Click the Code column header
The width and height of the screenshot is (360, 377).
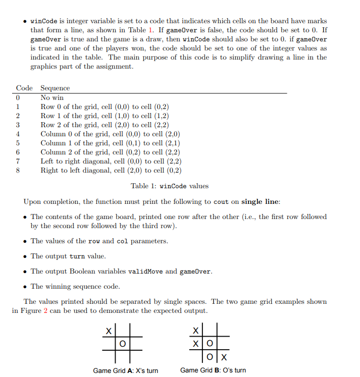point(24,88)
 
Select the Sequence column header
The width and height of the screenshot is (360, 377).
point(55,88)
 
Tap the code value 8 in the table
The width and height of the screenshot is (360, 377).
point(18,170)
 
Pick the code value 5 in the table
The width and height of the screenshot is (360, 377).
point(18,143)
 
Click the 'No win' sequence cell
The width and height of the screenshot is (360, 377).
point(52,97)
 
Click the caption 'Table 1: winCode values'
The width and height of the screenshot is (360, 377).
point(170,186)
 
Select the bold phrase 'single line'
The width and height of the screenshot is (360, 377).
point(260,202)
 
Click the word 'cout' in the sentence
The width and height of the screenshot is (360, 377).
point(221,202)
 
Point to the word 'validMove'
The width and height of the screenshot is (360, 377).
point(146,272)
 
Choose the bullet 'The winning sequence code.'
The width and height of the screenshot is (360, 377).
point(75,287)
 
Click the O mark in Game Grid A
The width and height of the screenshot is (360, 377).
point(122,344)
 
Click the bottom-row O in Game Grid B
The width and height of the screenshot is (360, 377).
point(209,357)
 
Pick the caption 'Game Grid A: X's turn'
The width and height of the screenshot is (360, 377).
point(126,370)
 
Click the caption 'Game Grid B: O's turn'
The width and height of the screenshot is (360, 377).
point(213,370)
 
